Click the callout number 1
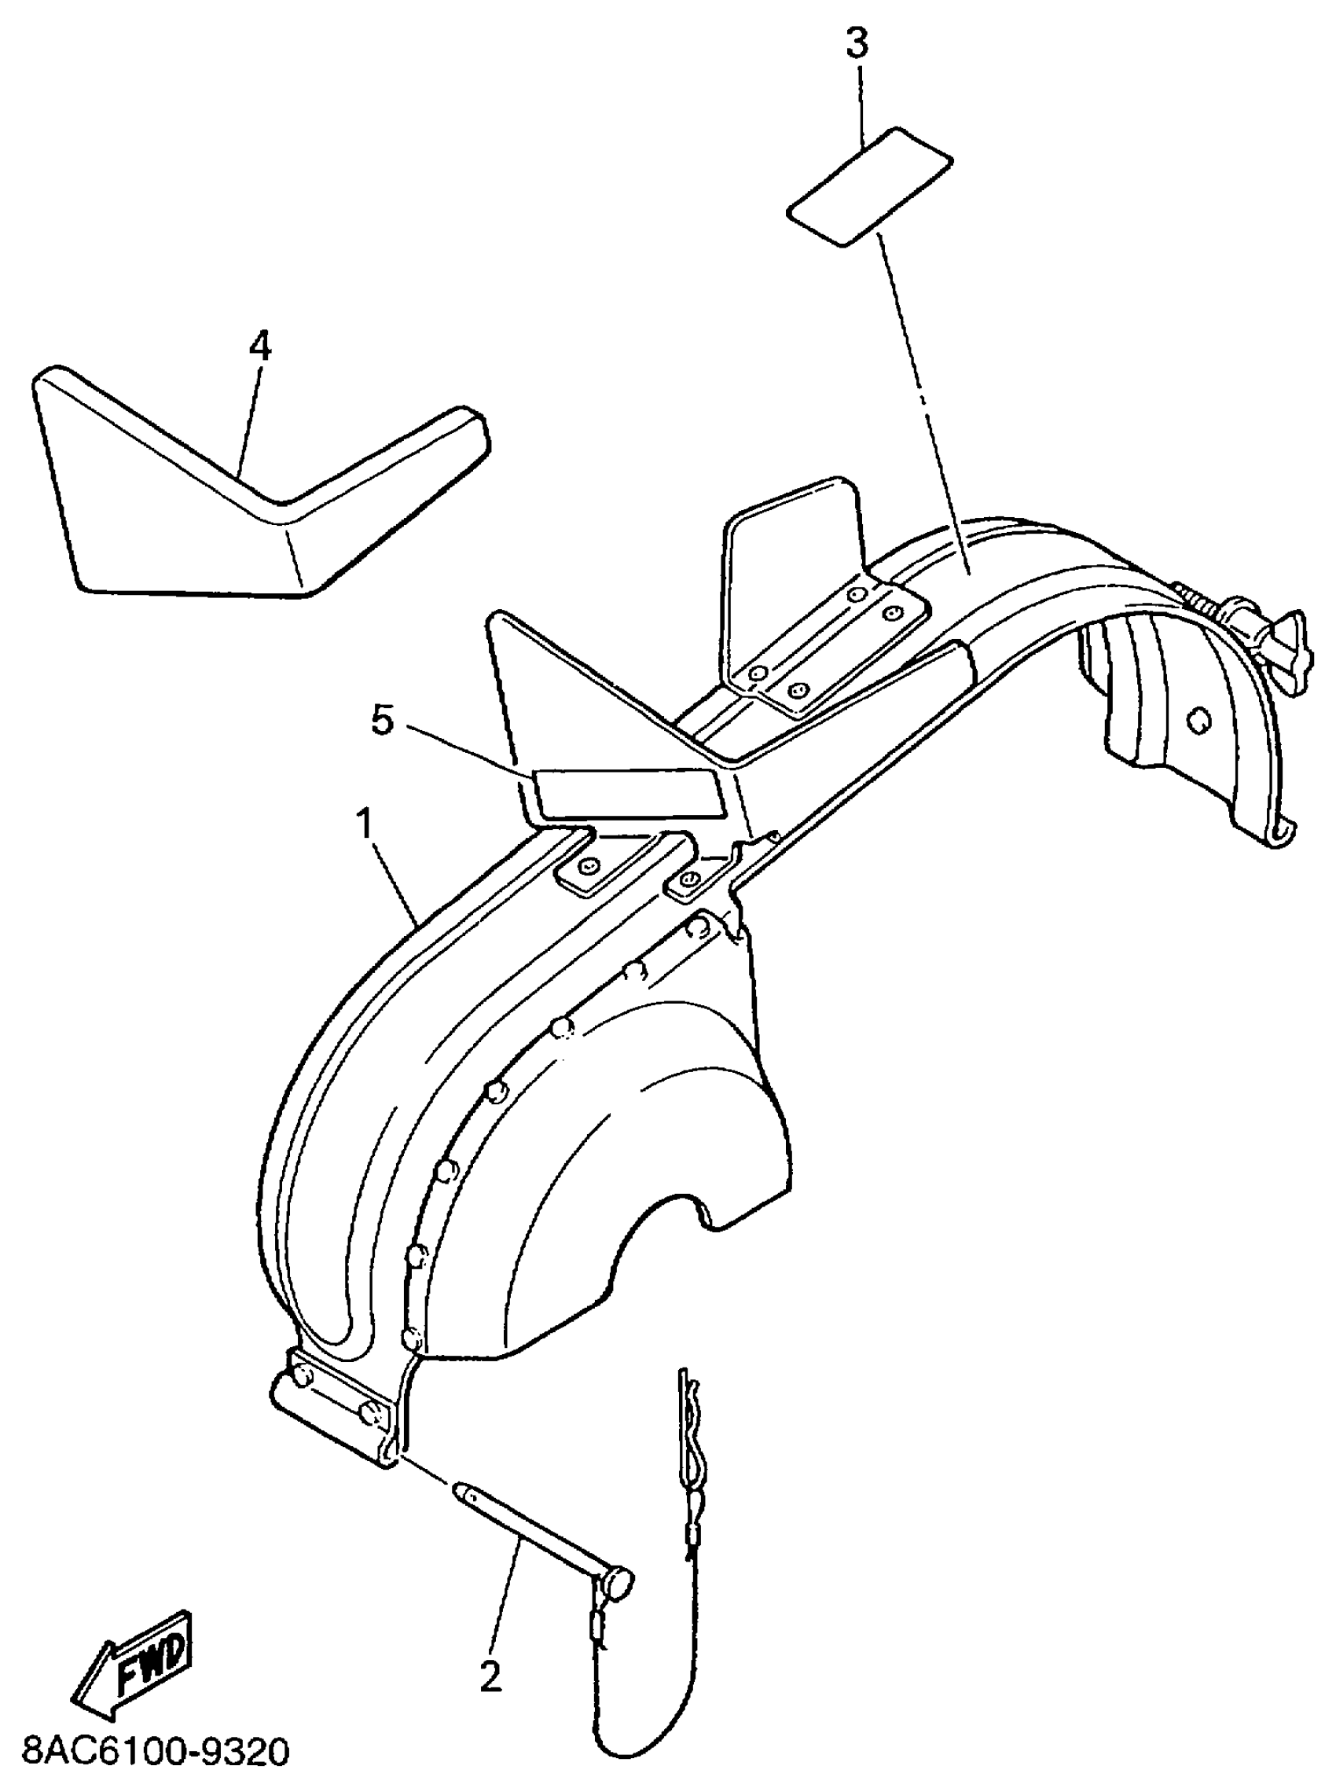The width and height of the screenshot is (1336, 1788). click(365, 825)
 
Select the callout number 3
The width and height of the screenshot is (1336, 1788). click(857, 45)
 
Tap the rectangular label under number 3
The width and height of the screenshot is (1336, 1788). click(869, 185)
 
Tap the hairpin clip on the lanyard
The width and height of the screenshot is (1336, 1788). click(688, 1435)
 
